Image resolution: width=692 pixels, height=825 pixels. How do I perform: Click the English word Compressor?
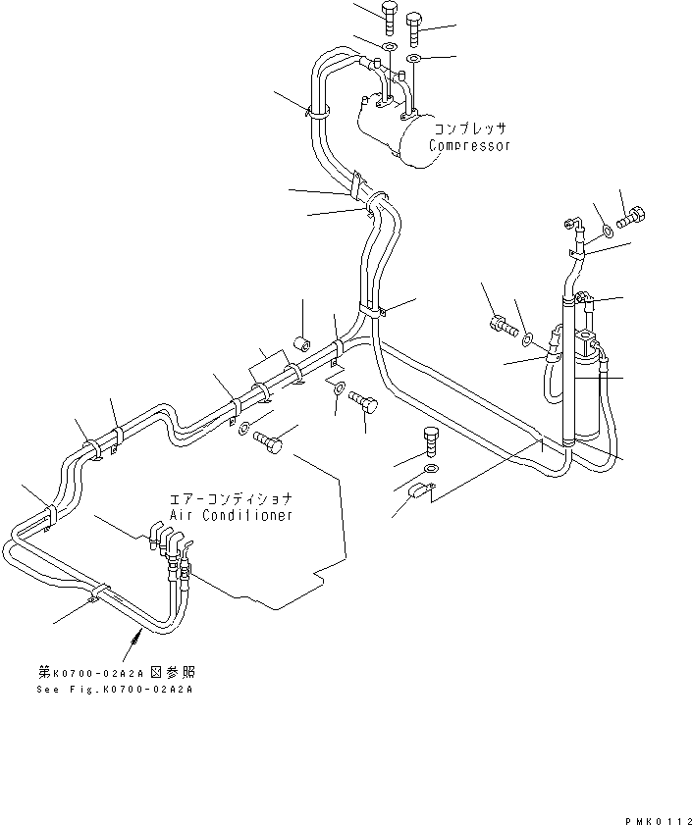(x=469, y=145)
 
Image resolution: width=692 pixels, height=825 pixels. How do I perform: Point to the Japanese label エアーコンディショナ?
(x=231, y=498)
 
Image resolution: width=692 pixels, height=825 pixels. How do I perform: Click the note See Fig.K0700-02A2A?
(x=116, y=690)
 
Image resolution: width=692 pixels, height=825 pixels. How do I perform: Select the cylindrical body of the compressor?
(x=393, y=132)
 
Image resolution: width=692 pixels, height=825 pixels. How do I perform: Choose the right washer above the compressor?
(x=414, y=60)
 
